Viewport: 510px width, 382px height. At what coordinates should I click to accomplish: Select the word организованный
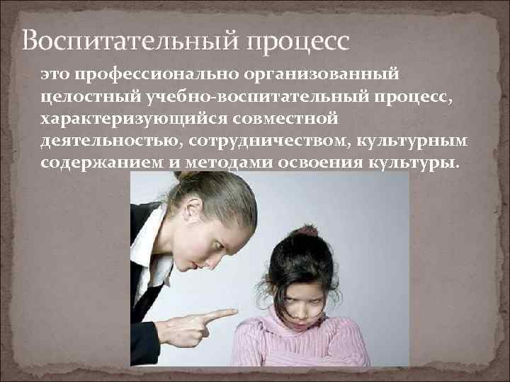322,72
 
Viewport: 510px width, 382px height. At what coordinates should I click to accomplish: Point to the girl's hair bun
307,231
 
